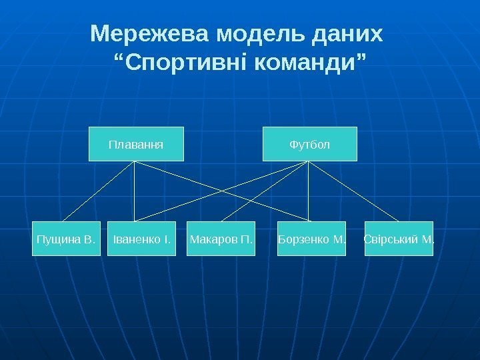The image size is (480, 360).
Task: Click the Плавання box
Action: [x=136, y=144]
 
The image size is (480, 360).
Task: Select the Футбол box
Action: [x=309, y=144]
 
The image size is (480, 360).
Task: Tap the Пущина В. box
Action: [x=67, y=239]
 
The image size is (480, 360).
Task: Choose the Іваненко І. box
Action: [x=141, y=239]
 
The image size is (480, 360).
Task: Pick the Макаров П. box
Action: [x=221, y=239]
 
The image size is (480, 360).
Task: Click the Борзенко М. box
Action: [x=311, y=239]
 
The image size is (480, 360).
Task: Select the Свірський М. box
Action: [x=399, y=239]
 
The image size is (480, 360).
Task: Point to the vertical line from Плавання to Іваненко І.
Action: [x=135, y=193]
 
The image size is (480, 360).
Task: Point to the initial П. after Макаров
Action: [x=247, y=239]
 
